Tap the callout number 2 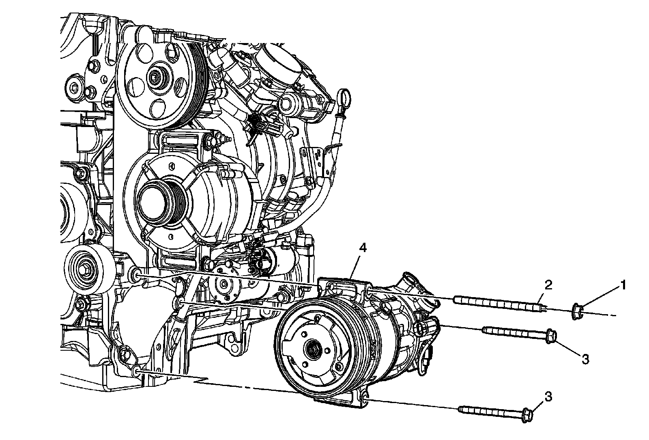[548, 285]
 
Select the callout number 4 [363, 248]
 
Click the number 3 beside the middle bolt [585, 359]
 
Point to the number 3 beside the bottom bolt [548, 397]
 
